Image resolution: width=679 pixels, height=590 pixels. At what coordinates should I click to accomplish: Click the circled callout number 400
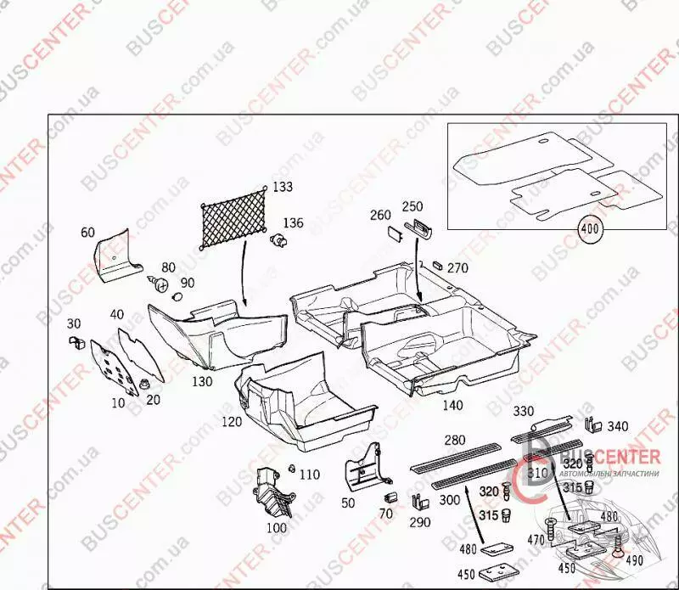tap(589, 228)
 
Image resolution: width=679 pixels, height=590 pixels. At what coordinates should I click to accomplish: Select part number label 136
tap(293, 223)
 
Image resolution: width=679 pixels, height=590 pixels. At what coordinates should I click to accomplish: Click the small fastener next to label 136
tap(277, 240)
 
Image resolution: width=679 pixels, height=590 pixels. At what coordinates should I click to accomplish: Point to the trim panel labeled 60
tap(115, 256)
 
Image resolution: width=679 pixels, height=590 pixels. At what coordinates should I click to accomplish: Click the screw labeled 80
tap(156, 281)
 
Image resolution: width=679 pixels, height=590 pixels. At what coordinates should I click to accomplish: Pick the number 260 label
tap(379, 216)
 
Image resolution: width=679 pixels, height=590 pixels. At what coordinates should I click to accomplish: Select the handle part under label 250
tap(418, 227)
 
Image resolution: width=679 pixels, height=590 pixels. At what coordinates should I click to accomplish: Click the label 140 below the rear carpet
tap(452, 405)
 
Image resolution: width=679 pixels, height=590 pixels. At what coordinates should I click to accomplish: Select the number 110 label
tap(310, 475)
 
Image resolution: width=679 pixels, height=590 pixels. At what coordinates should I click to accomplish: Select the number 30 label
tap(74, 323)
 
